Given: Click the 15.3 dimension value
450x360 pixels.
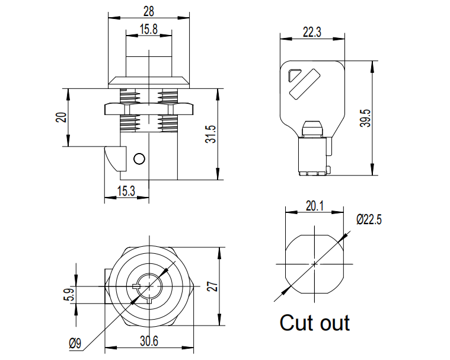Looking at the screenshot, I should coord(126,190).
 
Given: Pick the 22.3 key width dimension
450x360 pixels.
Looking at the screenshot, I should coord(312,33).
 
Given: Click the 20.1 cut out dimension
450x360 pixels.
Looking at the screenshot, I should coord(314,206).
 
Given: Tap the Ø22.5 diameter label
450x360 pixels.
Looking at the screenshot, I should coord(369,220).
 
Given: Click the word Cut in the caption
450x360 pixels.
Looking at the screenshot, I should coord(296,323).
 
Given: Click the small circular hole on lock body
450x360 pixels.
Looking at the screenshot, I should coord(139,159).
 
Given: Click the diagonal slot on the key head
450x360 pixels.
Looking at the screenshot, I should coord(304,82).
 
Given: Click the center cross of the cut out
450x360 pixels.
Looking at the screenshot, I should coord(315,263).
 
